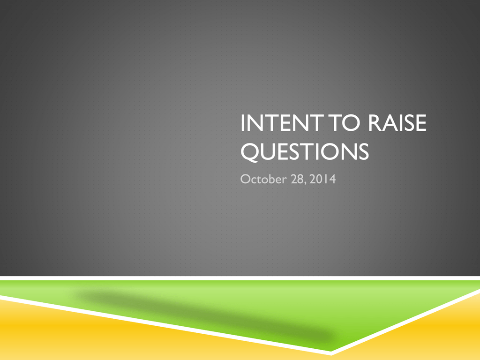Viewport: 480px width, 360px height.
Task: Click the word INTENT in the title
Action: tap(281, 123)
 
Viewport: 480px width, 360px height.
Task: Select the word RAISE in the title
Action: tap(397, 123)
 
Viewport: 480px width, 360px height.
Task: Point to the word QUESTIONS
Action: tap(305, 151)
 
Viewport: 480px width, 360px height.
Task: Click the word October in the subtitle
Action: tap(263, 179)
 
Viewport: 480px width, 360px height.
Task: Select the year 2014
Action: tap(322, 179)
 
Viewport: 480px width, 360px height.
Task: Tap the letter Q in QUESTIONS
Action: tap(250, 152)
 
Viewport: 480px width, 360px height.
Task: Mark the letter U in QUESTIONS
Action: tap(269, 151)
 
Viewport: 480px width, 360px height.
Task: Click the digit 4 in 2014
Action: tap(332, 179)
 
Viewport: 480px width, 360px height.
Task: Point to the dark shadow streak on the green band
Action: tap(205, 315)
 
